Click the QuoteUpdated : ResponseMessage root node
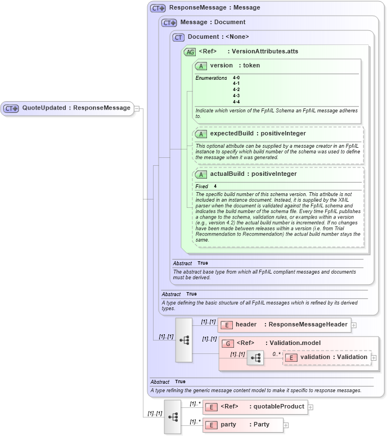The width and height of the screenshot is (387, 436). [x=67, y=108]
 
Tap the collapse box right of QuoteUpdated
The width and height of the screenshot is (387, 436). [x=137, y=108]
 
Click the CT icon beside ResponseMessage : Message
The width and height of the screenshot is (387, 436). [x=158, y=8]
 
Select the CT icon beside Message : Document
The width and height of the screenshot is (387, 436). [x=169, y=22]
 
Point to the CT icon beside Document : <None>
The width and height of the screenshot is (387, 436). [x=179, y=37]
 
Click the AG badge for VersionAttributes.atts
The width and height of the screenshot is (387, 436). [x=190, y=52]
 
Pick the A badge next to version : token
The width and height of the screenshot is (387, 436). [x=201, y=66]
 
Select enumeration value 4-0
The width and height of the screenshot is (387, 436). [x=236, y=78]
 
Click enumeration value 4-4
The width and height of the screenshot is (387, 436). [x=236, y=102]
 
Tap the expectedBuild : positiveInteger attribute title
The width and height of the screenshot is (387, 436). [x=258, y=134]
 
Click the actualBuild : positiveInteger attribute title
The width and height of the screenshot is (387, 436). [x=253, y=174]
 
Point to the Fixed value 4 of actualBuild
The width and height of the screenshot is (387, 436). [x=215, y=186]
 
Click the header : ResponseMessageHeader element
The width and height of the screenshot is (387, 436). [x=283, y=325]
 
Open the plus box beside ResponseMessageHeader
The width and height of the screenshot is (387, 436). [x=354, y=325]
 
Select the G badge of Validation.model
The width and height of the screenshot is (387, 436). [x=228, y=343]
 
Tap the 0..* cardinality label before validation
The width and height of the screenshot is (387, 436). [x=276, y=354]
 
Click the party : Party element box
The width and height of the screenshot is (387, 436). [x=242, y=425]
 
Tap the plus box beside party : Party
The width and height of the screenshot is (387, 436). [x=286, y=425]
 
